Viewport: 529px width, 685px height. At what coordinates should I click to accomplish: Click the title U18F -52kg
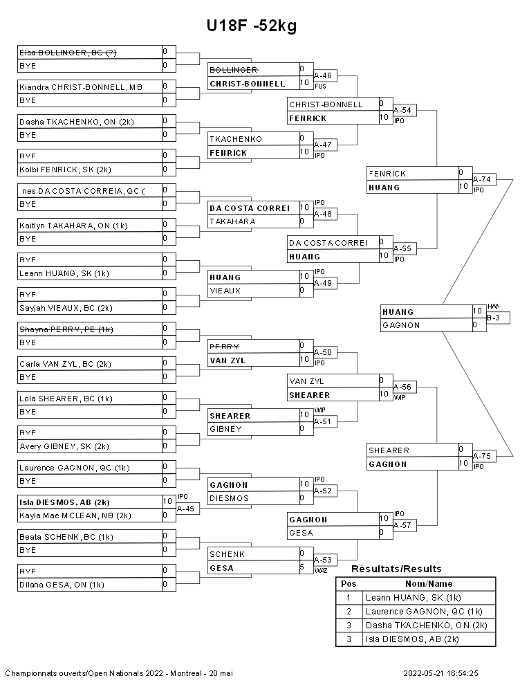click(x=251, y=26)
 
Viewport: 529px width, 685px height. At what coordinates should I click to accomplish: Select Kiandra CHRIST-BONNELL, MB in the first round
click(x=81, y=86)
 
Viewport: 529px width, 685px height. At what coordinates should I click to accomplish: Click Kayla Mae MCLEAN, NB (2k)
click(x=75, y=515)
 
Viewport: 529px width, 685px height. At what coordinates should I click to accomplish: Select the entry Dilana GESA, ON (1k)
click(x=62, y=585)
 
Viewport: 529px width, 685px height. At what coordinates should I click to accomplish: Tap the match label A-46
click(x=323, y=75)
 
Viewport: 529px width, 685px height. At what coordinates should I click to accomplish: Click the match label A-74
click(x=482, y=179)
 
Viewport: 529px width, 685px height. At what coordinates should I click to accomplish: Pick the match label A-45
click(x=186, y=508)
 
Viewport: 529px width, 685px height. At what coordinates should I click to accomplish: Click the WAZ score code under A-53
click(x=320, y=571)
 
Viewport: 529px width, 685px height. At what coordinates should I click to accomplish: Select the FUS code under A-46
click(x=320, y=86)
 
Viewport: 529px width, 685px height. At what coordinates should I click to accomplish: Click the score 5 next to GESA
click(x=302, y=567)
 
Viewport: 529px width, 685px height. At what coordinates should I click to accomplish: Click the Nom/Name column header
click(x=429, y=583)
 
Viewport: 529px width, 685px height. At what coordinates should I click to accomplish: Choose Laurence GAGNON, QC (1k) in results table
click(x=424, y=611)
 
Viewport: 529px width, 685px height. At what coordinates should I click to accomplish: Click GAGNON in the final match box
click(x=396, y=325)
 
